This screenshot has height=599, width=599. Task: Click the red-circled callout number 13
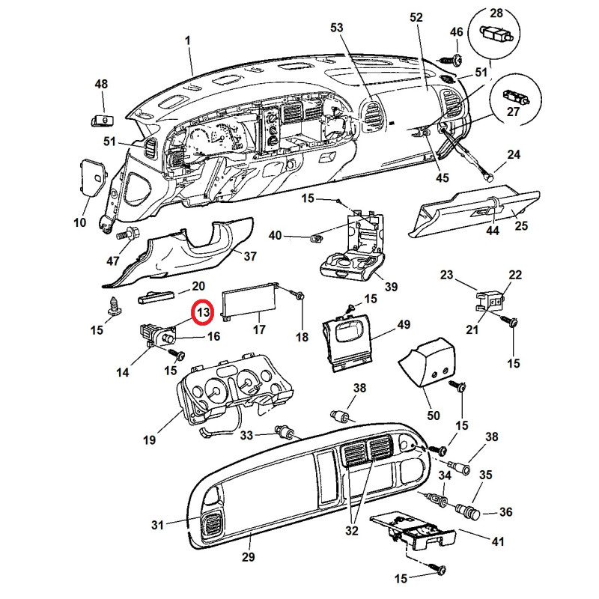(203, 312)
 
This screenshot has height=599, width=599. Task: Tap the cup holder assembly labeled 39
(352, 249)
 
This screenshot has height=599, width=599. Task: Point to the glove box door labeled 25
(475, 214)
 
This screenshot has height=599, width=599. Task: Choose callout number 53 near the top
(336, 28)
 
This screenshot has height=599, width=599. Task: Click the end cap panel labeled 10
(92, 178)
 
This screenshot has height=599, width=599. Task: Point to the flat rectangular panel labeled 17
(249, 301)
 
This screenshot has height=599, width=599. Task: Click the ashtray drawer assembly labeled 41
(413, 530)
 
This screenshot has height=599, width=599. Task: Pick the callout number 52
(416, 17)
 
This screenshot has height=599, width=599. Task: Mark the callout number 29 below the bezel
(249, 556)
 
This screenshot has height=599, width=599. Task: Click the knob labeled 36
(469, 511)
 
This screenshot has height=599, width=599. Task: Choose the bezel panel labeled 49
(347, 341)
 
